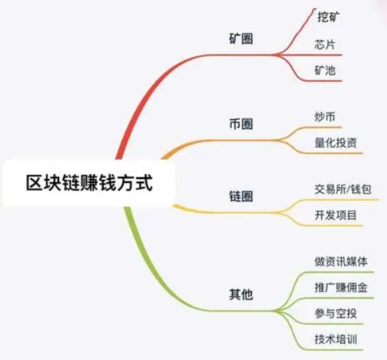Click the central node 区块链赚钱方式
coord(89,183)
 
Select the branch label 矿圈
coord(241,39)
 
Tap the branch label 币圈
coord(241,124)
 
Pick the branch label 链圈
coord(241,196)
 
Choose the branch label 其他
coord(241,294)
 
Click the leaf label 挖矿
coord(328,16)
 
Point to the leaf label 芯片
coord(325,44)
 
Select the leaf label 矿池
coord(325,71)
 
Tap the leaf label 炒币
coord(325,117)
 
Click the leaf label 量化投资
coord(335,143)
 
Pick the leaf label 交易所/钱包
coord(343,189)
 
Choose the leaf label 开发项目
coord(335,215)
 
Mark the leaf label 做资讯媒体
coord(341,262)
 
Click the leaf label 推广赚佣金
coord(341,288)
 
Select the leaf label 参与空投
coord(335,313)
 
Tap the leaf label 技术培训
coord(335,339)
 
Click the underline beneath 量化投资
coord(335,153)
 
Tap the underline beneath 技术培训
coord(335,349)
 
